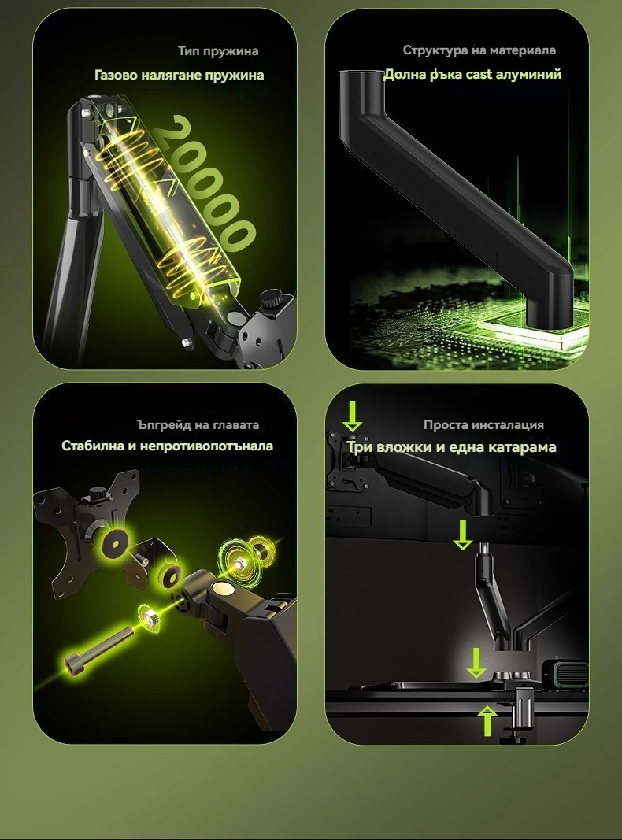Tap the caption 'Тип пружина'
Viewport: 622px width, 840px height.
[218, 51]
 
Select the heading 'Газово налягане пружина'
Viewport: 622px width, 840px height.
[179, 75]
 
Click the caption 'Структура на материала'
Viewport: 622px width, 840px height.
[479, 50]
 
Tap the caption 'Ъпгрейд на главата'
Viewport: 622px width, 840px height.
[198, 425]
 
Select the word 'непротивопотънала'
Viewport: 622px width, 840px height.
[206, 446]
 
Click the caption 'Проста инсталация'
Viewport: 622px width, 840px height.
[483, 425]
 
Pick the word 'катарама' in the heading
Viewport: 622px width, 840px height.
[526, 447]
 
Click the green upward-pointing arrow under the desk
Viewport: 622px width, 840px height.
[487, 720]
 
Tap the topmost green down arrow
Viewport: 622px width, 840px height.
[352, 416]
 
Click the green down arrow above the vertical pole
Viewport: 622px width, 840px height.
[463, 535]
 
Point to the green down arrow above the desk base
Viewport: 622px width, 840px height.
[476, 663]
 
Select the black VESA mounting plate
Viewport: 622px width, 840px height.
[86, 531]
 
